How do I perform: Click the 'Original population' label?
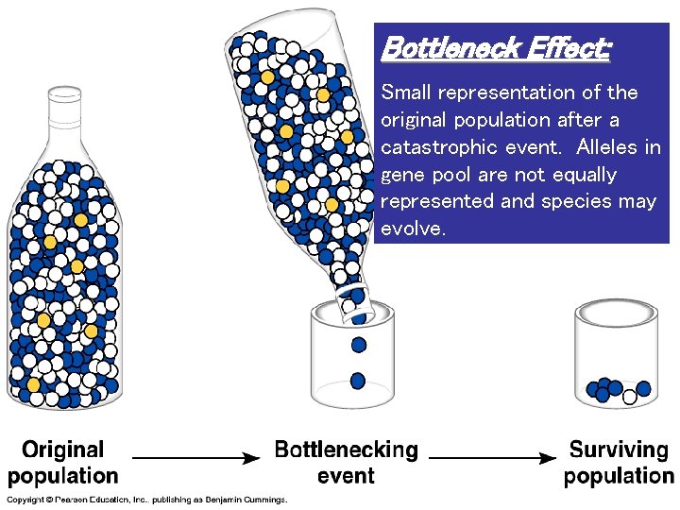pyautogui.click(x=63, y=463)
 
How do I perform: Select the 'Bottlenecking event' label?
pyautogui.click(x=346, y=463)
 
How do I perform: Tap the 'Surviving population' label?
pyautogui.click(x=619, y=463)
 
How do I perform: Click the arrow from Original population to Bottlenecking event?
pyautogui.click(x=197, y=458)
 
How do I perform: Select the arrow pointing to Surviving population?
pyautogui.click(x=491, y=458)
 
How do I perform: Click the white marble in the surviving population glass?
pyautogui.click(x=629, y=397)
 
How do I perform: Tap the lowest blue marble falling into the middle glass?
pyautogui.click(x=358, y=381)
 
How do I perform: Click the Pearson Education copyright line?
pyautogui.click(x=146, y=500)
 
